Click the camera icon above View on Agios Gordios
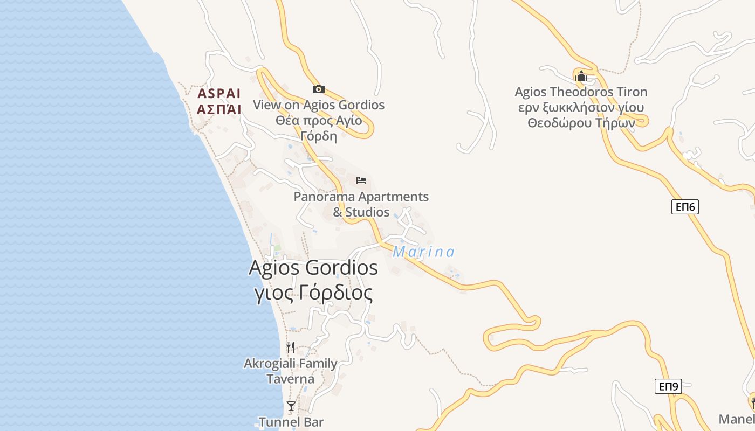(318, 89)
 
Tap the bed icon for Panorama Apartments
(361, 180)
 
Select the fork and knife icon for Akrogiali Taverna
(291, 347)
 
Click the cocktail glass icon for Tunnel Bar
(291, 406)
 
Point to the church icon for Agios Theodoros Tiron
(581, 77)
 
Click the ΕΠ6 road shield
(684, 207)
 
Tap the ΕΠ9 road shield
(668, 386)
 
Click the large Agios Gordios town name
(313, 268)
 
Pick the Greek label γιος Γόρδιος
(313, 293)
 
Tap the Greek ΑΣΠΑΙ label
(219, 109)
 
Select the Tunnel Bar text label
(291, 422)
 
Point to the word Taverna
(290, 379)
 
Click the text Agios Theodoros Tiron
(581, 92)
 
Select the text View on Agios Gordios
(319, 105)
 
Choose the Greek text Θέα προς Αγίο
(319, 120)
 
